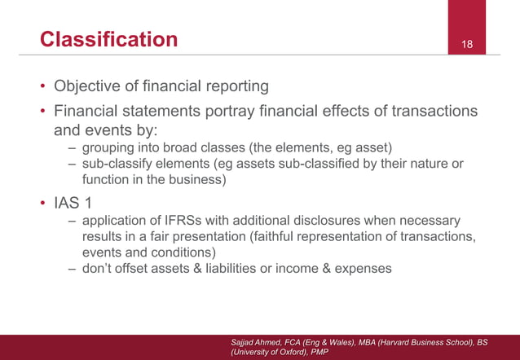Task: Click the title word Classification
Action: tap(108, 39)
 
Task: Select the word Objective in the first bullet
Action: tap(85, 86)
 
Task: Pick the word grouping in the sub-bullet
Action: tap(108, 147)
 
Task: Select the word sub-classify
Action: tap(120, 164)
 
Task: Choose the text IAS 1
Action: tap(77, 201)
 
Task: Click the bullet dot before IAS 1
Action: tap(44, 201)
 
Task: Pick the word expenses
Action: tap(363, 270)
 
